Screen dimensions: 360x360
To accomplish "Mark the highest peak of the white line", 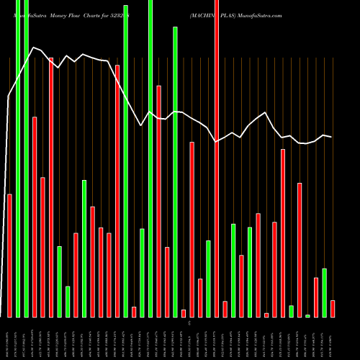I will tap(34, 48).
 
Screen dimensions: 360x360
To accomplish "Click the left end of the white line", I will tap(9, 96).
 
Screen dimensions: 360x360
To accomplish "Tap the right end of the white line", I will tap(331, 137).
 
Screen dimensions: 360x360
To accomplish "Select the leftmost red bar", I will tap(9, 256).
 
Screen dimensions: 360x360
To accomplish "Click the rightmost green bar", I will tap(324, 292).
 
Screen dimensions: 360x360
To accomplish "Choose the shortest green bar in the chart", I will tap(307, 315).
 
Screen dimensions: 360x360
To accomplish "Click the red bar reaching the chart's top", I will tap(217, 158).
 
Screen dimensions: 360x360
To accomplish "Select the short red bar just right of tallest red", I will tap(225, 308).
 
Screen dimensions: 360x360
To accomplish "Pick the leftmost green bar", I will tap(18, 158).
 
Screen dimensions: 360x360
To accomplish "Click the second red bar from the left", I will tap(35, 216).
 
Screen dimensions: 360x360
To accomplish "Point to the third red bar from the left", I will tap(42, 246).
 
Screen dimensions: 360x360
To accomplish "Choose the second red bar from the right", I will tap(315, 297).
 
